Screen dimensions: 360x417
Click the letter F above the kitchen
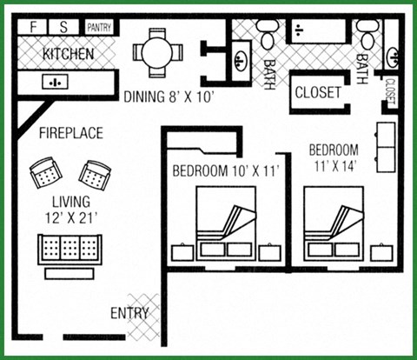coord(34,27)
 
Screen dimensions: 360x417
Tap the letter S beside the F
coord(64,27)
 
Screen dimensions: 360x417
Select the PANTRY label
coord(98,28)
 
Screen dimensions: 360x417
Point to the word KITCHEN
coord(69,54)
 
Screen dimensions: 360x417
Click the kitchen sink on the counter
coord(55,83)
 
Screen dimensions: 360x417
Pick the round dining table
coord(157,50)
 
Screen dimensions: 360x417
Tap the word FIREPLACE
coord(70,133)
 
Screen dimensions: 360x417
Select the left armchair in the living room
coord(43,174)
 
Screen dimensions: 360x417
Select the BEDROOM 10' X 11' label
coord(225,170)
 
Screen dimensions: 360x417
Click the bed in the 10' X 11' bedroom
coord(225,224)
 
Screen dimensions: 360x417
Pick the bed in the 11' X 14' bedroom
coord(333,224)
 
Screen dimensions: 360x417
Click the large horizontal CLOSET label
coord(318,91)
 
